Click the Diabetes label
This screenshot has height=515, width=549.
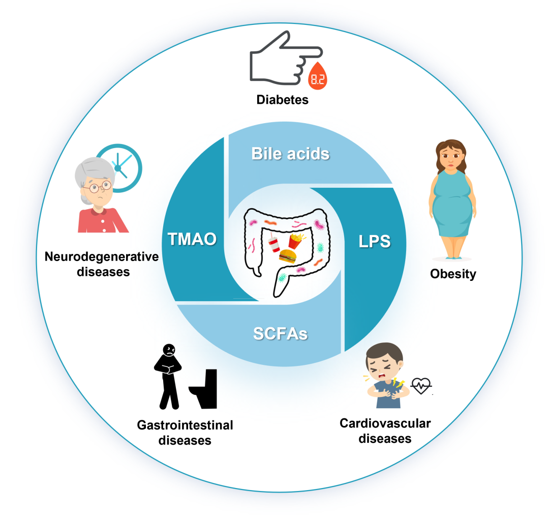pos(282,99)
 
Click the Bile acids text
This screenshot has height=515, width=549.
pos(290,153)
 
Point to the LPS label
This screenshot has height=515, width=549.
pos(375,241)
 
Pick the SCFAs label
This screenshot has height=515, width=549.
pos(281,334)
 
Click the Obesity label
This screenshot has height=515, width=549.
pos(453,274)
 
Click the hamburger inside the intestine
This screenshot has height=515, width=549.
pos(288,256)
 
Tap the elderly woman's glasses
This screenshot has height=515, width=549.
pos(98,187)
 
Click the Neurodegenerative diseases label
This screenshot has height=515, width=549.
pos(102,264)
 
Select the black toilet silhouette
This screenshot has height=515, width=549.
pos(205,389)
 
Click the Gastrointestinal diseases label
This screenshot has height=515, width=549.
pos(185,432)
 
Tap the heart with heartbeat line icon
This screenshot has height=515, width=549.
pos(421,385)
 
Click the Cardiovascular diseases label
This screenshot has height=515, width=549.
pos(385,430)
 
